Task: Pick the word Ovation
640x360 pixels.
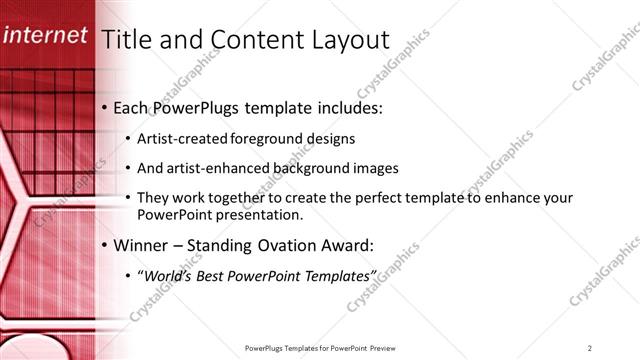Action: point(281,245)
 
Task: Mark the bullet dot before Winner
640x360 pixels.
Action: point(105,245)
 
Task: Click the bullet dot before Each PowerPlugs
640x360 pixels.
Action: point(105,107)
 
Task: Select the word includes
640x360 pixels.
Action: point(349,107)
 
